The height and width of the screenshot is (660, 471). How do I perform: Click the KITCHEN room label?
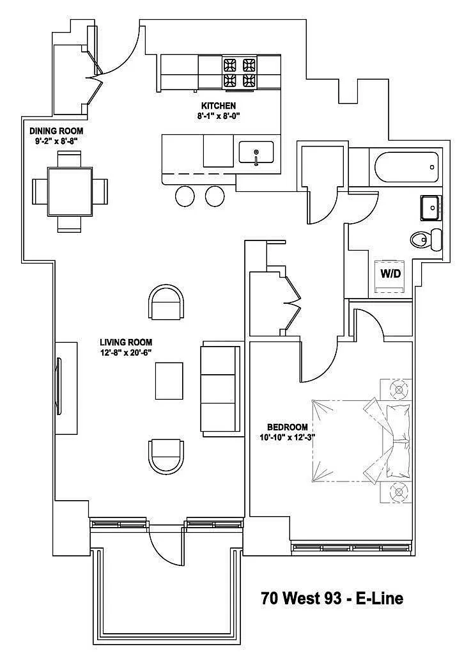pyautogui.click(x=219, y=106)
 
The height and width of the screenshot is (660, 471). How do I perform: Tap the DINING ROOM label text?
pyautogui.click(x=56, y=131)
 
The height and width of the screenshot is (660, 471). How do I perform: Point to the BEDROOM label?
pyautogui.click(x=287, y=427)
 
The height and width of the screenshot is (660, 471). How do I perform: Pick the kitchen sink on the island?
pyautogui.click(x=256, y=153)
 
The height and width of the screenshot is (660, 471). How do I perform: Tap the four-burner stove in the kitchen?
pyautogui.click(x=239, y=72)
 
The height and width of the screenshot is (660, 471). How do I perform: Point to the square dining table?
pyautogui.click(x=70, y=191)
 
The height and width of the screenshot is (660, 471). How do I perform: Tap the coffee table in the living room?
pyautogui.click(x=169, y=381)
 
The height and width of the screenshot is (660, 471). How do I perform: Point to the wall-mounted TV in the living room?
pyautogui.click(x=61, y=388)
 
